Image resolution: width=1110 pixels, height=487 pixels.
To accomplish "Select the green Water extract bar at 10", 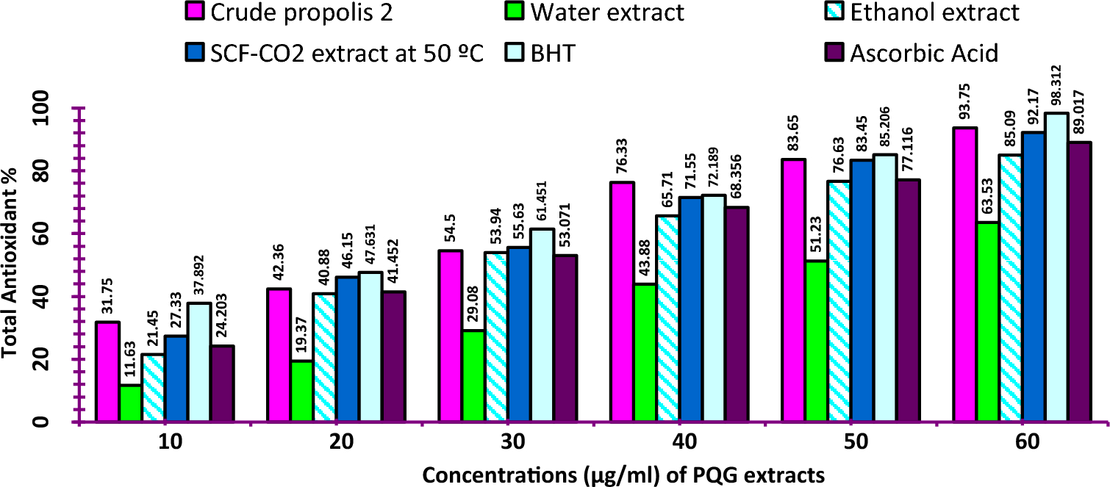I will pos(130,403).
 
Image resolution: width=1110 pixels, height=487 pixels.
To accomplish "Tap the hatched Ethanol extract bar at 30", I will pos(473,337).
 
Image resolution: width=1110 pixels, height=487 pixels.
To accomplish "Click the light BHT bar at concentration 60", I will pos(1056,267).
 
